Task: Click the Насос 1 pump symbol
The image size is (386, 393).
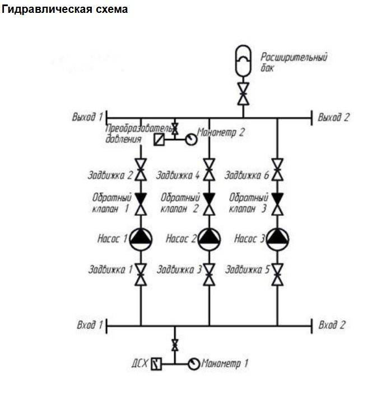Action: (141, 239)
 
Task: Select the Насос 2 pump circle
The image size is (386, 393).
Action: (209, 239)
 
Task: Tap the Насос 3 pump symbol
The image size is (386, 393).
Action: (277, 239)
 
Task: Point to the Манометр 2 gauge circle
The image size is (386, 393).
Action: (191, 138)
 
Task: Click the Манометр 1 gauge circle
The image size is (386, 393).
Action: (194, 364)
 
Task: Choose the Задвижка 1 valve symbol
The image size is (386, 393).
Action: (141, 274)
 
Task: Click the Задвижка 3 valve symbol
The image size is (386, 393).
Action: (209, 274)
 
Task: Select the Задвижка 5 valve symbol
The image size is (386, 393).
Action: (277, 274)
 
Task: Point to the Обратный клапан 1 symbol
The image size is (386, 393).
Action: (141, 203)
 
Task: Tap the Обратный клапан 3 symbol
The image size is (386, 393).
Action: (277, 203)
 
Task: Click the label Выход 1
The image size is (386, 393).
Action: (87, 117)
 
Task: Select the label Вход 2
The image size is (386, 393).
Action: (332, 325)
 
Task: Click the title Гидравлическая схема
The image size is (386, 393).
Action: (65, 10)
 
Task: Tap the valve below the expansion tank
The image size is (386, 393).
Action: (243, 93)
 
